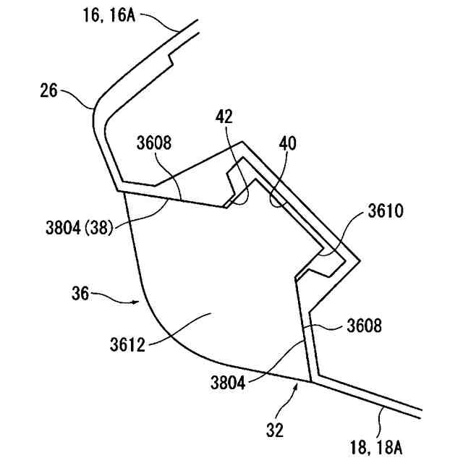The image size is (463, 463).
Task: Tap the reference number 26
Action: coord(50,92)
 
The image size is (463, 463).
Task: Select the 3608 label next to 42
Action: coord(155,143)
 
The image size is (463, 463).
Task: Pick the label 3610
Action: coord(386,211)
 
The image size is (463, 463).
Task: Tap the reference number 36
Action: coord(80,294)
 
